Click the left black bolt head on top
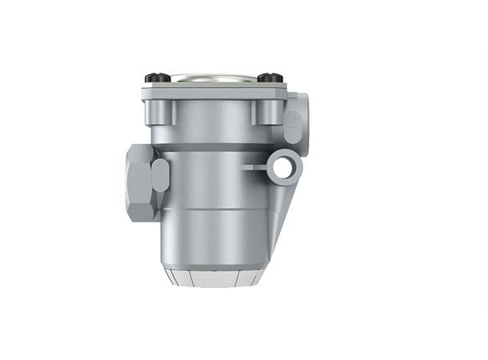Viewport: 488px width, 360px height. click(158, 78)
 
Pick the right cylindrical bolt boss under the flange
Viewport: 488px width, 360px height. click(267, 114)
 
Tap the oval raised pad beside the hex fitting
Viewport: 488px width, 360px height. click(160, 175)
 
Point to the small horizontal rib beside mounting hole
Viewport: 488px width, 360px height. click(255, 167)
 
